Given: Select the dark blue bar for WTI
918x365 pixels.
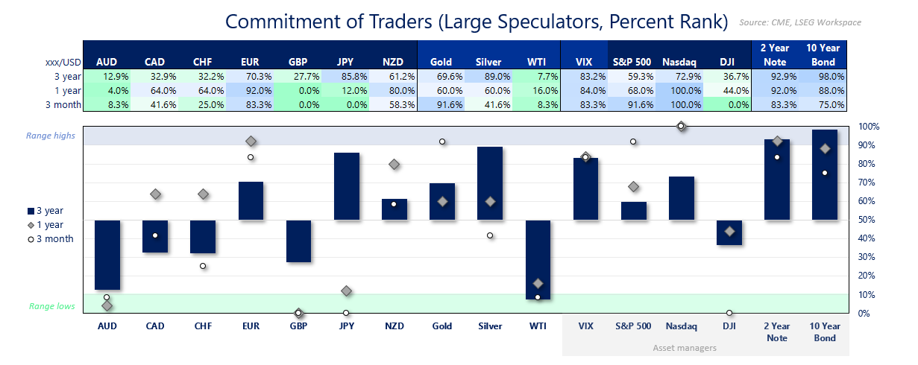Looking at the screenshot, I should (x=538, y=259).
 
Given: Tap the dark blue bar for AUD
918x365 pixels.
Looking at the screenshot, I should (x=107, y=254).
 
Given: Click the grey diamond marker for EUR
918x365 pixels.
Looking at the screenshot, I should (x=251, y=142).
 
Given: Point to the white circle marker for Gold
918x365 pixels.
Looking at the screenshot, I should (x=442, y=142).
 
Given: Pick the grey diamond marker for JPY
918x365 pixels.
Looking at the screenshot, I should (x=346, y=291).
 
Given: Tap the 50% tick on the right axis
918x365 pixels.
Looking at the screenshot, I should (x=866, y=220).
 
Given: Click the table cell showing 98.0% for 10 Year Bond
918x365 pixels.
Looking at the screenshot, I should (x=824, y=76).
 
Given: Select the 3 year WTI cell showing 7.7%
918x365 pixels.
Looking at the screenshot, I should (x=538, y=76).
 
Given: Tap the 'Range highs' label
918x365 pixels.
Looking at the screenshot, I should (x=50, y=136).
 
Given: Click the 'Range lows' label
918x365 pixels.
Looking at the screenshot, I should (x=51, y=306).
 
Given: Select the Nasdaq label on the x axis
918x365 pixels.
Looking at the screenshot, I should (x=681, y=326).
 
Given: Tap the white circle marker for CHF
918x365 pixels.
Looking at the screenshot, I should (x=203, y=266).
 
